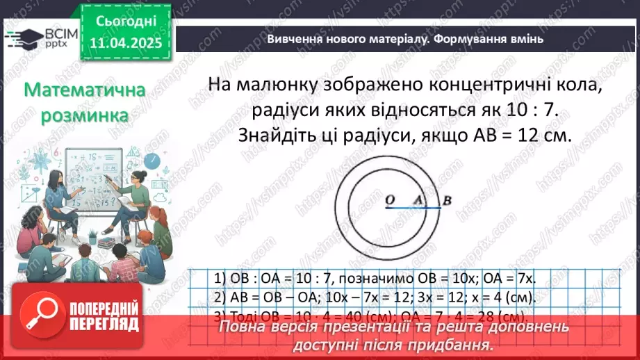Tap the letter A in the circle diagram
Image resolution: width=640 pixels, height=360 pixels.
click(418, 200)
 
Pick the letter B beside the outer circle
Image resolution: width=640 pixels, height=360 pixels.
click(448, 201)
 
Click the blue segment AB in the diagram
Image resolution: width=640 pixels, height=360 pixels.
click(429, 208)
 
